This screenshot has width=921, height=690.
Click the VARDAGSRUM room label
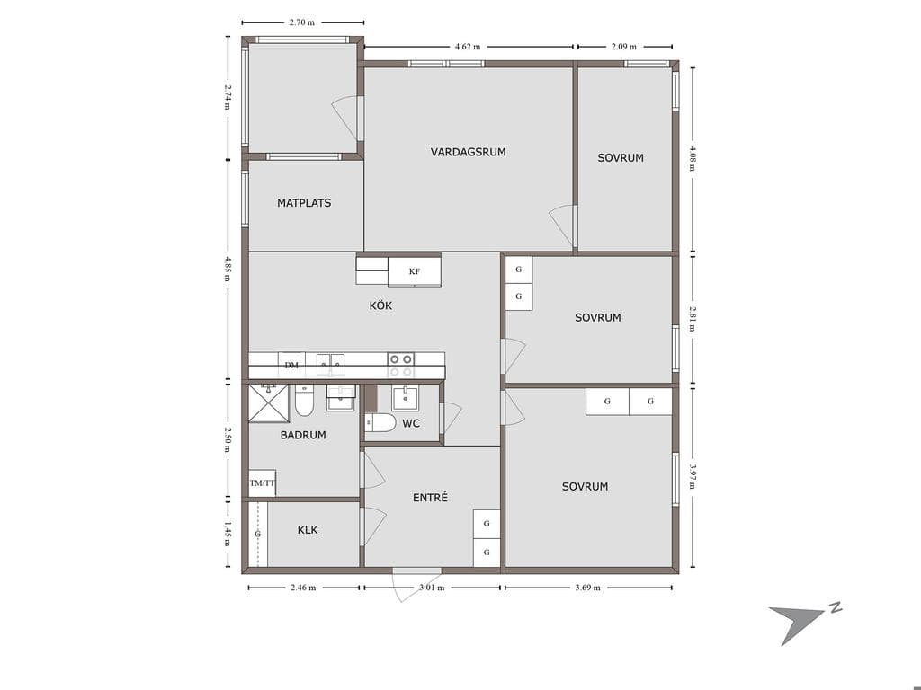click(x=468, y=152)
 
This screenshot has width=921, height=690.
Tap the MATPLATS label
click(x=304, y=203)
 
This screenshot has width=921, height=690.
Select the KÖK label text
click(x=380, y=305)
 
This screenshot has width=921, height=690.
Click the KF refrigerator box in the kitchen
click(x=415, y=271)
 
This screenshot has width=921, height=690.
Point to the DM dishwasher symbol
click(x=291, y=365)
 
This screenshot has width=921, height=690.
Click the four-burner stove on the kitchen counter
click(x=400, y=365)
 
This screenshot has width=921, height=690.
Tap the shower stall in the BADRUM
click(x=269, y=403)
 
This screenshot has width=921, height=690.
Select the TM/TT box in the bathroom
click(x=263, y=483)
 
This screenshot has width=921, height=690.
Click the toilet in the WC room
click(x=380, y=422)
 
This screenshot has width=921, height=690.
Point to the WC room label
click(x=411, y=423)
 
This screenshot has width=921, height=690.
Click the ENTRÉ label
click(x=430, y=498)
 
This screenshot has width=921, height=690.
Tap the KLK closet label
click(x=308, y=530)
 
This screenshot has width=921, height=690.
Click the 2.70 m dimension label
click(x=302, y=22)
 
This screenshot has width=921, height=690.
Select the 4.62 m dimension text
click(x=468, y=47)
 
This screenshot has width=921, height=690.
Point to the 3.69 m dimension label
click(x=587, y=588)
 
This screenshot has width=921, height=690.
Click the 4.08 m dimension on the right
click(x=693, y=158)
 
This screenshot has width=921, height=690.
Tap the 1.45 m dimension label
click(x=228, y=535)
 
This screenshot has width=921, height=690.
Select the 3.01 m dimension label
click(x=431, y=588)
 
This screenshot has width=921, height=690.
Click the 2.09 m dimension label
click(x=624, y=47)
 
